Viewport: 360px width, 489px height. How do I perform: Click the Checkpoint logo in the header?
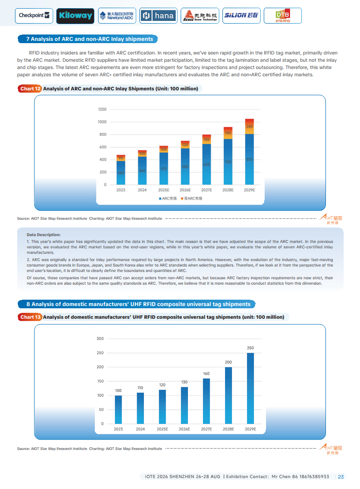(x=34, y=15)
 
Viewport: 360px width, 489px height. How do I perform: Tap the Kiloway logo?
(x=75, y=16)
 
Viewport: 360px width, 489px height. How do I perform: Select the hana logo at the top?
(x=158, y=16)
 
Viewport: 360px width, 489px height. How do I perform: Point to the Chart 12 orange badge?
(x=30, y=89)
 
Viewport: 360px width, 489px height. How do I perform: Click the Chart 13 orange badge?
(x=30, y=317)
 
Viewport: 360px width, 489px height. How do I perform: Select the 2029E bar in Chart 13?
(x=250, y=388)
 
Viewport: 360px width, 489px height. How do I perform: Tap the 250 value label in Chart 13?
(x=250, y=348)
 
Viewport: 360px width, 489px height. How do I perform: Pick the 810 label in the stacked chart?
(x=249, y=160)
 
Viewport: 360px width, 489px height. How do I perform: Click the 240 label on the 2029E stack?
(x=249, y=126)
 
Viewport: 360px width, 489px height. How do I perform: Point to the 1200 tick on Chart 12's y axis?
(x=102, y=109)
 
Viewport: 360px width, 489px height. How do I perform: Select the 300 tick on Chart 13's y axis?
(x=100, y=339)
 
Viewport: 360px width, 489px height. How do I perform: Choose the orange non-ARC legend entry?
(x=192, y=198)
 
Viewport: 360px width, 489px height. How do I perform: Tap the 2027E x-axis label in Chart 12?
(x=207, y=190)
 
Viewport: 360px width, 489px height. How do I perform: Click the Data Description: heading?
(x=44, y=235)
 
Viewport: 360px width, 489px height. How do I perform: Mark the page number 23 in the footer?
(x=340, y=477)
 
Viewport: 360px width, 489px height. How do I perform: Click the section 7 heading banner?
(x=89, y=39)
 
